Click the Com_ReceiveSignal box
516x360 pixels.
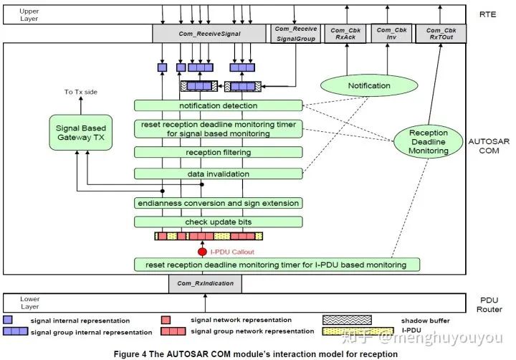pos(209,33)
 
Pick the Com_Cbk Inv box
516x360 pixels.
pos(391,33)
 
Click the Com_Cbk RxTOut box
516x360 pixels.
pos(441,33)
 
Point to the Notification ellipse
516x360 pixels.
pos(369,86)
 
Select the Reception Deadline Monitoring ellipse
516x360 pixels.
pos(428,141)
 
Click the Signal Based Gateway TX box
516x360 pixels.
pos(81,132)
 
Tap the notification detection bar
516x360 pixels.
pos(219,106)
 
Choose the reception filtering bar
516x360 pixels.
pos(219,152)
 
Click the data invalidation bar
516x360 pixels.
pos(219,174)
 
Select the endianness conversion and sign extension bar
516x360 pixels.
pos(219,203)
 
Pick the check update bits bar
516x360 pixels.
pos(219,222)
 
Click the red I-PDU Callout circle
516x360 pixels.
pos(202,252)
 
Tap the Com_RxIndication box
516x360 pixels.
pos(205,284)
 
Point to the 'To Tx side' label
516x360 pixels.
pos(79,92)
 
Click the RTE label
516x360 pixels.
pos(488,12)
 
